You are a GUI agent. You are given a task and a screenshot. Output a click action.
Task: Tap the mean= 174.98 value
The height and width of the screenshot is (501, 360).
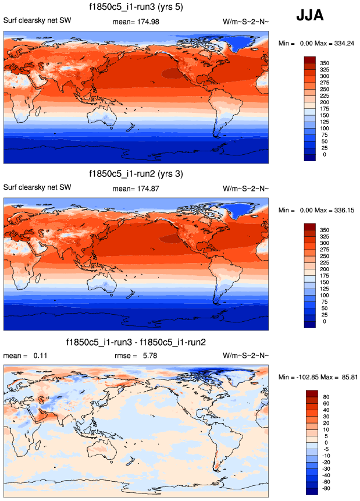click(x=136, y=22)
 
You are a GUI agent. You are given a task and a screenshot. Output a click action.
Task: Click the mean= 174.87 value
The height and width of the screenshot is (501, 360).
click(x=136, y=188)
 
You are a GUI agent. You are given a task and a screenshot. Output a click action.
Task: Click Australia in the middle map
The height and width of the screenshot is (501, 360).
click(x=102, y=287)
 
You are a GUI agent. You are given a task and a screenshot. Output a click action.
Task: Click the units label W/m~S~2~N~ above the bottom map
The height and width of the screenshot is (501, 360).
click(x=246, y=355)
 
